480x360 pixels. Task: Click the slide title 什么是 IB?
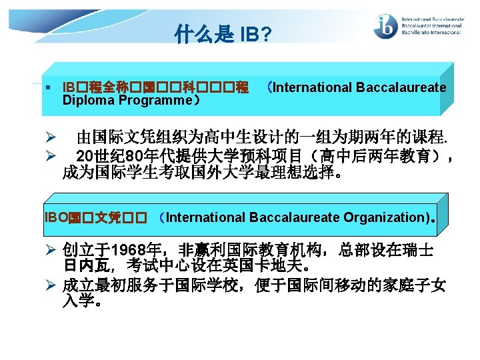pyautogui.click(x=223, y=33)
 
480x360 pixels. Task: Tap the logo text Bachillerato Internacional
pyautogui.click(x=431, y=32)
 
